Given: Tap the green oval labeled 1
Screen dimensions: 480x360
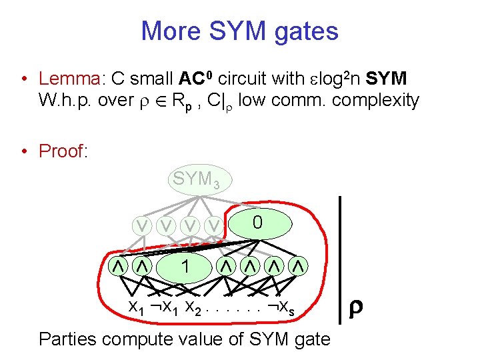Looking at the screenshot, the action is click(185, 267).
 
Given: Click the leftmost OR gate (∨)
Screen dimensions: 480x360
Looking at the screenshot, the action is click(142, 227).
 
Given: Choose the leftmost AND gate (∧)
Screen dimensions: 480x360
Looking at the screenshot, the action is click(117, 267).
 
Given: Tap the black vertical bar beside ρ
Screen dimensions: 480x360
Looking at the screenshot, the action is click(341, 260).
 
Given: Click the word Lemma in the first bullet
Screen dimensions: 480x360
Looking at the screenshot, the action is click(69, 79).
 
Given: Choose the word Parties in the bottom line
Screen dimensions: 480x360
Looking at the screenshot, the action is click(68, 339).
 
